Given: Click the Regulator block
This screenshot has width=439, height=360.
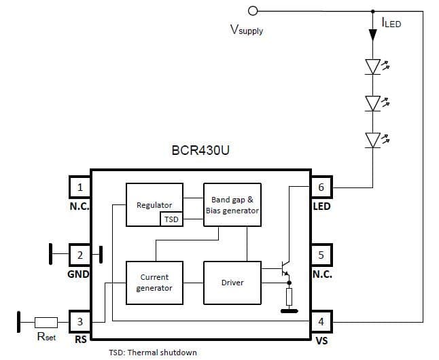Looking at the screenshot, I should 154,204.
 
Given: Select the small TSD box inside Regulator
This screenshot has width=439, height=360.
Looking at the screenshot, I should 171,219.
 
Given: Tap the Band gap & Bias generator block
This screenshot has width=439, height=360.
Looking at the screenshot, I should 232,204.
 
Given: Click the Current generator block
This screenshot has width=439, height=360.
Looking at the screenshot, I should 154,282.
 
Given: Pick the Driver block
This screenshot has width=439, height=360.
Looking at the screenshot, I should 232,282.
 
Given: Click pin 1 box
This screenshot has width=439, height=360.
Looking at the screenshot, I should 80,187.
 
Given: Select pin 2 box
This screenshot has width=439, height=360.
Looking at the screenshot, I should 80,255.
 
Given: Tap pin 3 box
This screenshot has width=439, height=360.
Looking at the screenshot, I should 80,321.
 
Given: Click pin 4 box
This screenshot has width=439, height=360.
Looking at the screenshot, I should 321,321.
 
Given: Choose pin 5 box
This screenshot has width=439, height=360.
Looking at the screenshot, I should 321,255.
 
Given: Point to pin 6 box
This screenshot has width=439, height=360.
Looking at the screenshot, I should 321,187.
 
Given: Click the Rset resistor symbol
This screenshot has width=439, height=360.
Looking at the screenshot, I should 46,322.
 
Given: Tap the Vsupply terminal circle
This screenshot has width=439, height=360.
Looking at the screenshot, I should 253,11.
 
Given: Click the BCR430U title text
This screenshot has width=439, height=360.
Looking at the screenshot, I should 200,150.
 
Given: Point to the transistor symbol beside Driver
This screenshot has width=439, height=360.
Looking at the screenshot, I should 285,270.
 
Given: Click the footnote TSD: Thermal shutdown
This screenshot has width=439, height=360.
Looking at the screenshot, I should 153,353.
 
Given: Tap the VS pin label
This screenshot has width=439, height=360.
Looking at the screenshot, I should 321,340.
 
